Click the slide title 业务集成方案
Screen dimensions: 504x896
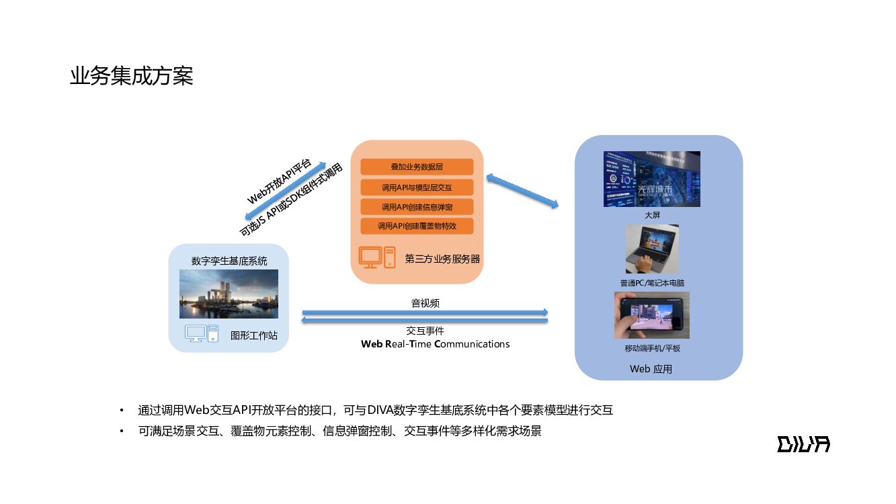pyautogui.click(x=132, y=76)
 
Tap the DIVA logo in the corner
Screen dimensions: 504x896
pyautogui.click(x=803, y=444)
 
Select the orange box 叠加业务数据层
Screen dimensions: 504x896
pyautogui.click(x=417, y=167)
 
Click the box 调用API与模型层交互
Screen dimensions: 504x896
pyautogui.click(x=417, y=187)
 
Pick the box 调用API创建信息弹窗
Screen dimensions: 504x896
pyautogui.click(x=417, y=206)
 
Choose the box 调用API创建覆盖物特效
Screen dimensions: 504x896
pyautogui.click(x=417, y=226)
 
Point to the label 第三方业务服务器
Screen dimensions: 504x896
pyautogui.click(x=442, y=259)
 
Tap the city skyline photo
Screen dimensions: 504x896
pyautogui.click(x=229, y=294)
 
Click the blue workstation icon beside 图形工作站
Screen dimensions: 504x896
pyautogui.click(x=202, y=333)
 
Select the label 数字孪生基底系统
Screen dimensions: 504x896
pyautogui.click(x=229, y=261)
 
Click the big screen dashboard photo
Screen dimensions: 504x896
pyautogui.click(x=651, y=179)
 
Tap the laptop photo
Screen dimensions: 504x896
pyautogui.click(x=651, y=249)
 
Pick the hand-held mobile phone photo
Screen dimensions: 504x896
pyautogui.click(x=651, y=315)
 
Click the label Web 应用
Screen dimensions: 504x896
pyautogui.click(x=651, y=369)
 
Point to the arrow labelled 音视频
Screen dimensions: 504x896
pyautogui.click(x=425, y=312)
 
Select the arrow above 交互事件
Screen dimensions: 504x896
pyautogui.click(x=425, y=321)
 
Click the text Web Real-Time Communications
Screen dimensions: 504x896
pyautogui.click(x=436, y=344)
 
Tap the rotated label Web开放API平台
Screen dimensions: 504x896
pyautogui.click(x=278, y=182)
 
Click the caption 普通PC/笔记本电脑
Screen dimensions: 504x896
pyautogui.click(x=652, y=283)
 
